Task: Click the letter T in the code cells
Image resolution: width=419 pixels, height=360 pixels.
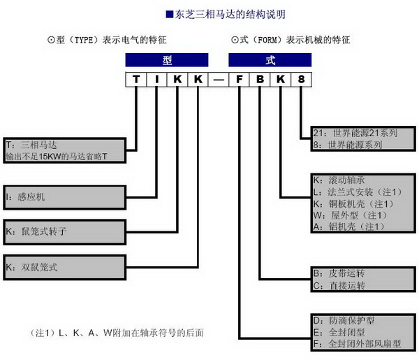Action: coord(136,79)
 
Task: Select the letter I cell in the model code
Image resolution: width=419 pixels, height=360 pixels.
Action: coord(156,79)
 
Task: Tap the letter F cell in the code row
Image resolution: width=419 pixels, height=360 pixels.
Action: coord(239,79)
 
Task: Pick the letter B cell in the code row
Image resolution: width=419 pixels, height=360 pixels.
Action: coord(260,79)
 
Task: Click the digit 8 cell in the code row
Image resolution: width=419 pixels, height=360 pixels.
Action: coord(301,79)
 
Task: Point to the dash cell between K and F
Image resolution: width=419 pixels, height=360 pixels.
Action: coord(219,79)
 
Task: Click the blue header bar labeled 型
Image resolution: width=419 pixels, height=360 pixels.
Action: coord(167,60)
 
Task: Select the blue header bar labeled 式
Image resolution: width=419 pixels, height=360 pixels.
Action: coord(270,60)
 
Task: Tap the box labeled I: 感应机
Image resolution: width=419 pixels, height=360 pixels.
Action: coord(65,197)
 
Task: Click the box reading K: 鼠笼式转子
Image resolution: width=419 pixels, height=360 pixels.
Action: coord(65,232)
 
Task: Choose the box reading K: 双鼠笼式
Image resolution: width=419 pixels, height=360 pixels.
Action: coord(65,268)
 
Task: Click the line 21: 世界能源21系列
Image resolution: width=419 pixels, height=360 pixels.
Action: coord(355,133)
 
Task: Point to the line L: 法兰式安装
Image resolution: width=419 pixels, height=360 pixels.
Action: coord(358,192)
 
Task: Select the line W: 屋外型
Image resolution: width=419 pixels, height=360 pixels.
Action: coord(350,215)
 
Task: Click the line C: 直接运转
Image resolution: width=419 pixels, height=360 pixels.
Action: coord(339,286)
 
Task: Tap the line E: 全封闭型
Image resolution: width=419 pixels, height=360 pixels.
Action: coord(339,333)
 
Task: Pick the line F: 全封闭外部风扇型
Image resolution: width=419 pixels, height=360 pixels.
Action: coord(357,344)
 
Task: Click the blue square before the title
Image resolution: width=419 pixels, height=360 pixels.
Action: coord(170,14)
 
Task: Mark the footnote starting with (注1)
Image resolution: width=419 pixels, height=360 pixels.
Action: coord(117,333)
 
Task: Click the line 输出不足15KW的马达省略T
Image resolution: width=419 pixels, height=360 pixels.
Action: coord(57,157)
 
